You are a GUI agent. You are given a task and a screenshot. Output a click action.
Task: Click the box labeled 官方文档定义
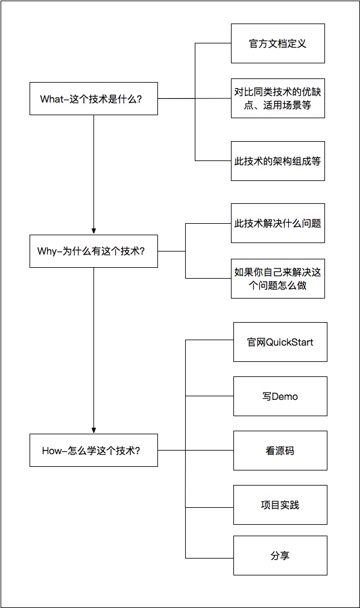278,43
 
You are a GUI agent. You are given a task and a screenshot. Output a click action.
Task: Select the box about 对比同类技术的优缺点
278,98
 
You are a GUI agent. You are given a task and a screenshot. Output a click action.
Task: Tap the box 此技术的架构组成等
278,161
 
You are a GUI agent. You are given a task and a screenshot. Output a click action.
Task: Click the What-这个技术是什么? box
94,98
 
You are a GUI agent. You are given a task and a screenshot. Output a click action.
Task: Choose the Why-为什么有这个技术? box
94,252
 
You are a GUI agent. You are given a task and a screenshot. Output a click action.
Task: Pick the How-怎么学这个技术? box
94,450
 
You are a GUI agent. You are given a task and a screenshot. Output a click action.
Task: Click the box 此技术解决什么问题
278,223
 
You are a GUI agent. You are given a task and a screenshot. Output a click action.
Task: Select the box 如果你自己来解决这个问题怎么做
278,279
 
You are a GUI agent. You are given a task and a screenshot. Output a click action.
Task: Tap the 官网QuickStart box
280,342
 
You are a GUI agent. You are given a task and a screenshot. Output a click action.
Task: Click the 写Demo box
280,396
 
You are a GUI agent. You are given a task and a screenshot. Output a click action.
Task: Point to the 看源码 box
280,451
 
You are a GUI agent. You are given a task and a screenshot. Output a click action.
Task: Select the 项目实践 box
280,505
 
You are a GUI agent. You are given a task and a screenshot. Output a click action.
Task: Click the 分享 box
280,556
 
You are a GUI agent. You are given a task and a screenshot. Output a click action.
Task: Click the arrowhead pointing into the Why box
94,232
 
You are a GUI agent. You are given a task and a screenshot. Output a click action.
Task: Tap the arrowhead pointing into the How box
94,431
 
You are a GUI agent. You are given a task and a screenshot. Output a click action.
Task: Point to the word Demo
285,397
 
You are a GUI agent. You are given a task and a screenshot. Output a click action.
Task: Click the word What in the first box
51,99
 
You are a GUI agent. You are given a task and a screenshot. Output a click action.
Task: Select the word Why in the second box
47,252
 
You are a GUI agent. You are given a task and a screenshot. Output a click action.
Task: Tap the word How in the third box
51,451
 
